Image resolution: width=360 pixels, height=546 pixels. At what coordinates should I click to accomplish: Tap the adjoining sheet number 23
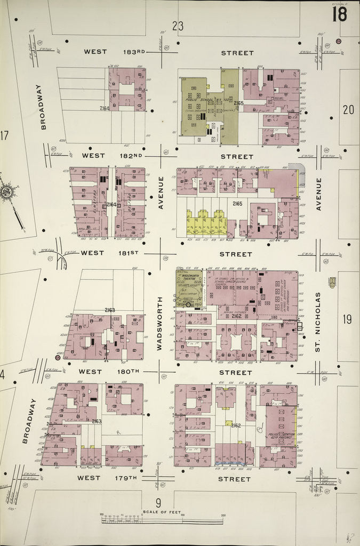click(178, 25)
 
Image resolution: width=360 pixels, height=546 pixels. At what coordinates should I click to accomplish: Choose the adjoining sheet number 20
click(348, 110)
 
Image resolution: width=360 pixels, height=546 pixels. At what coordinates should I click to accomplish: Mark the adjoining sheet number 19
click(347, 319)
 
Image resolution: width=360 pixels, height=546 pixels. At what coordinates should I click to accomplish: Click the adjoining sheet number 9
click(158, 502)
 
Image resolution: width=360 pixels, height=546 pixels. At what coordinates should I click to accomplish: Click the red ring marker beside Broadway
click(58, 358)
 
